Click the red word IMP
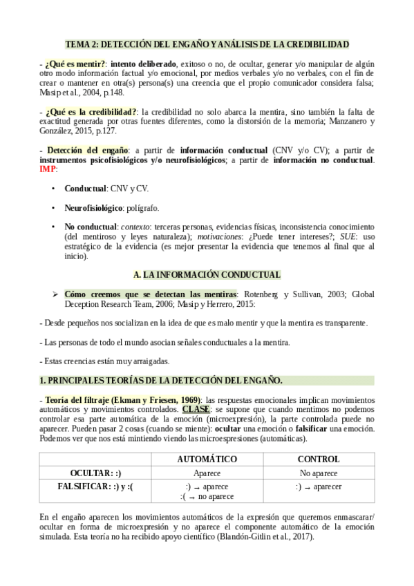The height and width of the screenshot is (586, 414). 49,169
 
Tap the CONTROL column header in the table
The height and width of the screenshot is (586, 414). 318,460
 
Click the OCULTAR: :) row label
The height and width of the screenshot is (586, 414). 95,473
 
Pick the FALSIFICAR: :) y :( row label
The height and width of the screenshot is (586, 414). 95,486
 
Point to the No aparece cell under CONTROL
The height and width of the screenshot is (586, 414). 318,473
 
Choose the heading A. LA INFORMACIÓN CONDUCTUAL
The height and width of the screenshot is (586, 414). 207,274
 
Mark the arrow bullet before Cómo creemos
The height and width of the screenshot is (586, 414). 55,294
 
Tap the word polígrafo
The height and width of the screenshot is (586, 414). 143,207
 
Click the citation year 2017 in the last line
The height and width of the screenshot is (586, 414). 301,537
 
